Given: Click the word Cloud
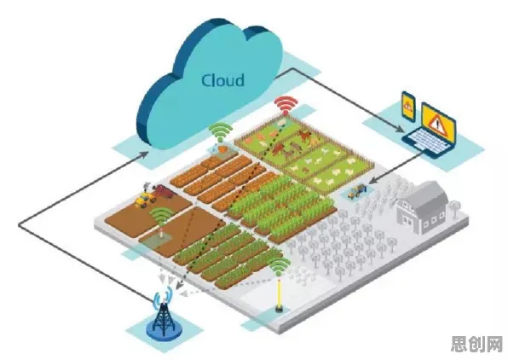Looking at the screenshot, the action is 222,80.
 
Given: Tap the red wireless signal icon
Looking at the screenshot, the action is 286,104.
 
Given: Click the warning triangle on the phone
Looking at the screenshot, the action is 408,105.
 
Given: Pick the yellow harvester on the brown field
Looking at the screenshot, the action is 145,199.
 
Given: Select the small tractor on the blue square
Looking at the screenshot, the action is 356,191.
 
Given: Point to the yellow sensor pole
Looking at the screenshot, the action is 279,294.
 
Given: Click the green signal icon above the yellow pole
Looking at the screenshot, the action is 280,267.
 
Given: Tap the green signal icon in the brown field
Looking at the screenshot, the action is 162,216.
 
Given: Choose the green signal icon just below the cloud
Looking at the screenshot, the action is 221,131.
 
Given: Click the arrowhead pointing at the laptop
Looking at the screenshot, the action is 400,130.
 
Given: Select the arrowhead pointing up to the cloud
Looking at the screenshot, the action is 146,154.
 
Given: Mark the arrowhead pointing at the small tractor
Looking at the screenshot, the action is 372,180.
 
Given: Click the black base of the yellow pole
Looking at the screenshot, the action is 279,309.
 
